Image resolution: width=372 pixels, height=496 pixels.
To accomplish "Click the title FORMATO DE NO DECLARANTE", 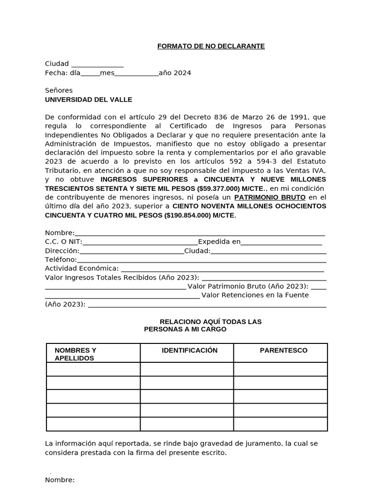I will pos(211,46).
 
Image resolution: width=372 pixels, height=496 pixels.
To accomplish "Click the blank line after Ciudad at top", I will pos(97,64).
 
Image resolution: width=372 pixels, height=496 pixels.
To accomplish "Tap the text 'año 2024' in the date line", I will pos(175,73).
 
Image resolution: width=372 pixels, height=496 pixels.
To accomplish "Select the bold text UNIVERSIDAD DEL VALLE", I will pos(88,100).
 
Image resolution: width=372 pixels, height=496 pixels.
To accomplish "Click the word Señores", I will pos(59,91).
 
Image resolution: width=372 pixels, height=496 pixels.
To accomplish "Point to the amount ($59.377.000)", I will pos(218,188).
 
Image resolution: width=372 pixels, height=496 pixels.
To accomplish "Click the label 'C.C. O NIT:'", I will pos(63,242).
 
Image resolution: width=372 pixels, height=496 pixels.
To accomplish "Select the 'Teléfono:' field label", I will pos(61,260).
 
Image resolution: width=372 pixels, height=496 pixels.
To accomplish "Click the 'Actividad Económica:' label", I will pos(82,268).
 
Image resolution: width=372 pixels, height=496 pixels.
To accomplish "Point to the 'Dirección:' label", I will pos(62,251).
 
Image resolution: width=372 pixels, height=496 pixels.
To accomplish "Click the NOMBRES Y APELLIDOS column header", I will pos(76,354).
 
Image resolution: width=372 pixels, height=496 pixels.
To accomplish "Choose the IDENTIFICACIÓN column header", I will pos(189,350).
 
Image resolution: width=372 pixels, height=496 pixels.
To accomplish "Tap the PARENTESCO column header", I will pos(283,350).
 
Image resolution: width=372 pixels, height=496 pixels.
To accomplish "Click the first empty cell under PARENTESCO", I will pos(280,369).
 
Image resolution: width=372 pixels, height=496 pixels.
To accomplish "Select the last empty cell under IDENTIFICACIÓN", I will pos(187,424).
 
